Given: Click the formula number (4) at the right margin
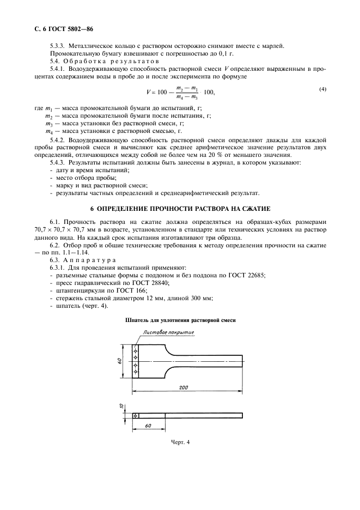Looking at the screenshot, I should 322,89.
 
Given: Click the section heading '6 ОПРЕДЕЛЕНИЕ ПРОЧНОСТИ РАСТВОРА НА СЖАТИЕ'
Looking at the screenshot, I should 180,209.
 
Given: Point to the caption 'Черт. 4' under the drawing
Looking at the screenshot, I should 180,442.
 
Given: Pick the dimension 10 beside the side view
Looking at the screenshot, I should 123,406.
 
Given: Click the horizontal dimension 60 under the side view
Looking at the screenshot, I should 149,425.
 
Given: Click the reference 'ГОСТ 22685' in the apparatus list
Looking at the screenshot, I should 247,275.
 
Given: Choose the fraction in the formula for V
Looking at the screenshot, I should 187,92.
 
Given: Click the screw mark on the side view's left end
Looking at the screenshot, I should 135,416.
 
